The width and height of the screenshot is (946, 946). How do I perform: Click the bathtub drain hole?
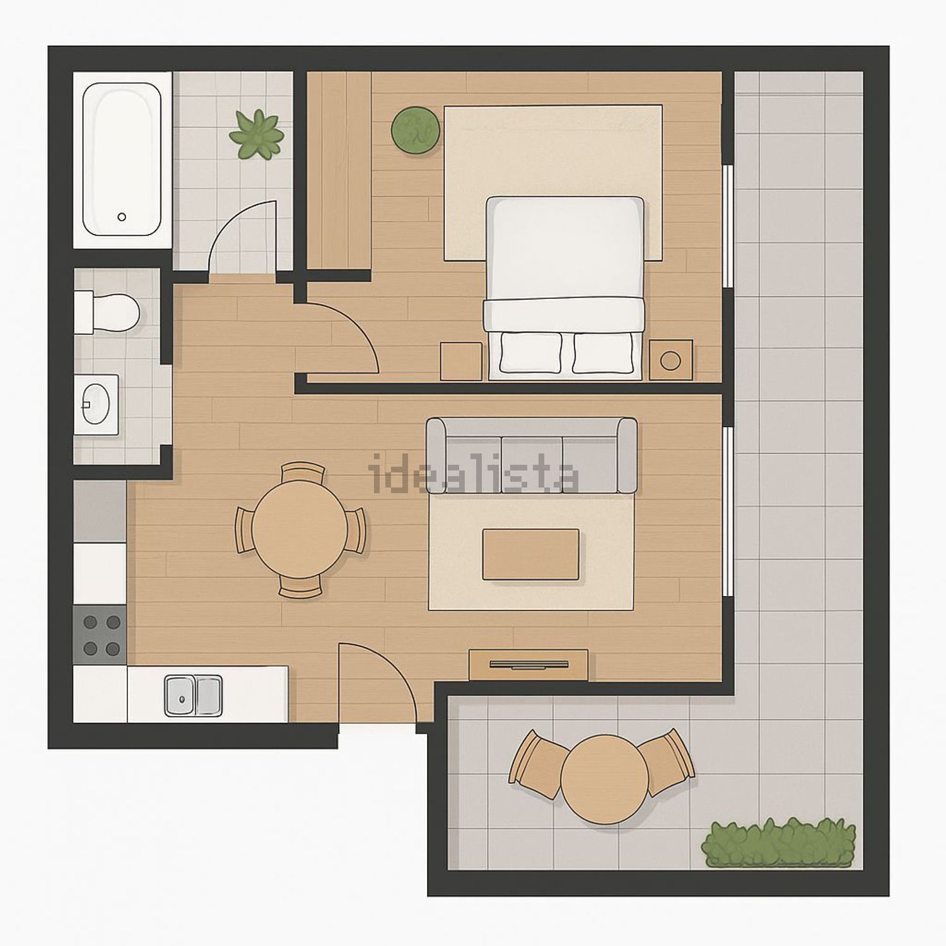coord(122,216)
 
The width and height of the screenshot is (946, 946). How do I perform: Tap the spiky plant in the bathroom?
coord(257,134)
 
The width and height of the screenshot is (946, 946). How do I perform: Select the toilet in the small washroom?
coord(106,312)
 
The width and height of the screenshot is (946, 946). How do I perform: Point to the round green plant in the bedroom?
coord(415,130)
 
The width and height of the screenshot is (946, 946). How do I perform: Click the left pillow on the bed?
coord(530,353)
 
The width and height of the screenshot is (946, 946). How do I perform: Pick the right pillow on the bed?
coord(602,353)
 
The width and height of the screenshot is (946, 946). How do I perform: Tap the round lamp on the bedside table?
coord(670,361)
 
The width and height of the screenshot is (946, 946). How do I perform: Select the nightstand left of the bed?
coord(461,361)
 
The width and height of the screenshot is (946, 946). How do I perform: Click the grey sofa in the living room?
coord(532,455)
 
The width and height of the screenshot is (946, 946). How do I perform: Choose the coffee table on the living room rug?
coord(531,554)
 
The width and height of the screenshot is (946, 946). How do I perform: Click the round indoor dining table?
coord(300,530)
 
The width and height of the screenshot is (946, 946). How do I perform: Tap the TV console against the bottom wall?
coord(528,665)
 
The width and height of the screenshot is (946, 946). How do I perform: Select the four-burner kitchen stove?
coord(100,634)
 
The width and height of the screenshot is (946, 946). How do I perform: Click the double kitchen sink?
coord(194,696)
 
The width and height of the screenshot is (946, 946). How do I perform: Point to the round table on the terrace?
coord(605,779)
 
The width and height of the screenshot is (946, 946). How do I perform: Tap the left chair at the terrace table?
coord(537,764)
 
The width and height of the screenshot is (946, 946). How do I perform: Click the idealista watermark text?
coord(474,474)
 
